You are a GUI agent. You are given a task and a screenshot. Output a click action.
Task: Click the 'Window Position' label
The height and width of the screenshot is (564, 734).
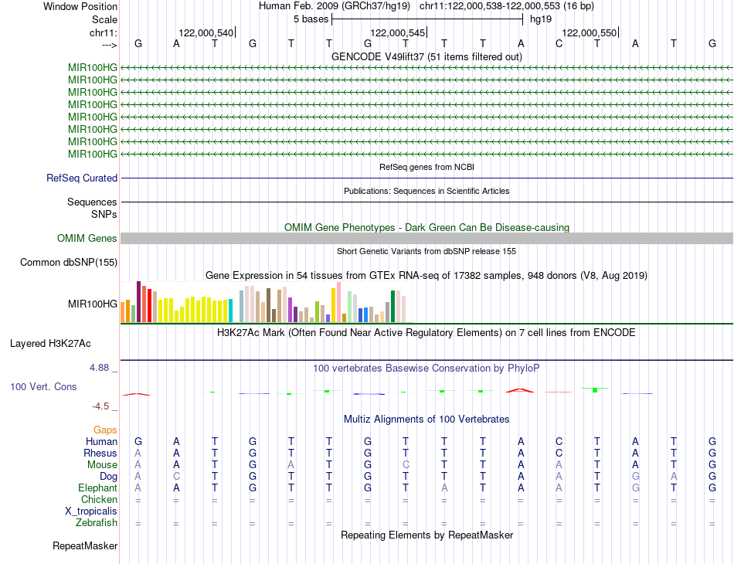(x=80, y=6)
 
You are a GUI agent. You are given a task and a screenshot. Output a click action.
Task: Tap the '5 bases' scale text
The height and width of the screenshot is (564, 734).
(x=311, y=19)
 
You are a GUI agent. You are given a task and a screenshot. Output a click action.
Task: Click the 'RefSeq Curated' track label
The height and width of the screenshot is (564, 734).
(x=82, y=178)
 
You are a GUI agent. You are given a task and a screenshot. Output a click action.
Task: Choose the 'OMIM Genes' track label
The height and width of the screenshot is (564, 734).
(x=87, y=239)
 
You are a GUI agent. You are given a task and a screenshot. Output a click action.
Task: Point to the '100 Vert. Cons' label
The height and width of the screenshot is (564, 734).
(x=43, y=386)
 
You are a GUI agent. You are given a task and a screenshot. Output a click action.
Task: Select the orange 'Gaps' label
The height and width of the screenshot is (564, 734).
(x=105, y=430)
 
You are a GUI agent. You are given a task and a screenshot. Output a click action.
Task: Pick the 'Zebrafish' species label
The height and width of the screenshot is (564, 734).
(x=97, y=523)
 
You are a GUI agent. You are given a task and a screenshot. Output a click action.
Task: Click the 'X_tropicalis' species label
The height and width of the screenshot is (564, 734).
(x=91, y=511)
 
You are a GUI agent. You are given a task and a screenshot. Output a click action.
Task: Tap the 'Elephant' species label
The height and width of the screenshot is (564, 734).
(x=97, y=488)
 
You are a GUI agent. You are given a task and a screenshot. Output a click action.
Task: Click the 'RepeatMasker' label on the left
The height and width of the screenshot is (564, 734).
(x=85, y=546)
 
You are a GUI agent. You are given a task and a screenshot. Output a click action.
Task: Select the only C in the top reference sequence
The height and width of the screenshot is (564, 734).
(x=559, y=43)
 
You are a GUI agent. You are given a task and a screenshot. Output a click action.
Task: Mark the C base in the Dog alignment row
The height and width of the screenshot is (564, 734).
(x=177, y=477)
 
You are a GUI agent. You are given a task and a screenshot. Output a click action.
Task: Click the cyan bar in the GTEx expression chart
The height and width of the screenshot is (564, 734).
(x=231, y=311)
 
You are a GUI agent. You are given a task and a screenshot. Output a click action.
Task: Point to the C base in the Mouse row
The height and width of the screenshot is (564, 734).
(x=406, y=465)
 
